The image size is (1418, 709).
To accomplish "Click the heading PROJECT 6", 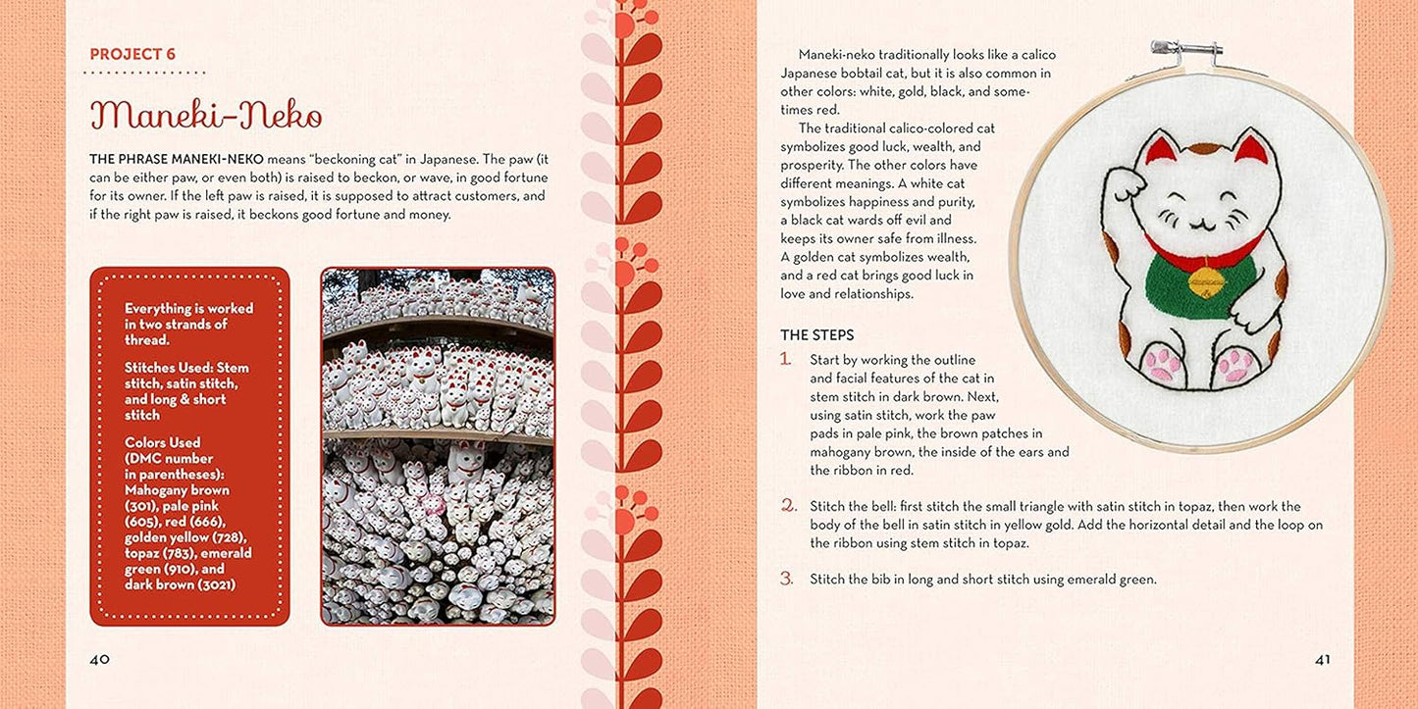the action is [132, 54].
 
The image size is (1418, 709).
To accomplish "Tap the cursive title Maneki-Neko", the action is [206, 115].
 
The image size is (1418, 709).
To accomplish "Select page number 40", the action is [99, 660].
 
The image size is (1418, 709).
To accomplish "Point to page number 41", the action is [1322, 660].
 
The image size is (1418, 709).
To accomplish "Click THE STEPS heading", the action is [816, 335].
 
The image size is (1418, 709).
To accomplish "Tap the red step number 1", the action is [786, 359].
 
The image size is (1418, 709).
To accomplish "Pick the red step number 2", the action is [787, 505].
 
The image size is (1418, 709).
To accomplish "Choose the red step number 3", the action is [787, 579].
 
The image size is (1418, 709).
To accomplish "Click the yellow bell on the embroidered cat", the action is [1205, 282].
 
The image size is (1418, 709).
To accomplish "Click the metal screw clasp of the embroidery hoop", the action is [1185, 49].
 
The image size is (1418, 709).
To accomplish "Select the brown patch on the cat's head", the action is [1204, 150].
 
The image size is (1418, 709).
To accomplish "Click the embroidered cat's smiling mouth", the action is [1200, 225].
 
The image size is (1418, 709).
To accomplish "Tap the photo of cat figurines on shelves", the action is [438, 446].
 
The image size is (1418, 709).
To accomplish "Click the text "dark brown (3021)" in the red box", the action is [180, 585].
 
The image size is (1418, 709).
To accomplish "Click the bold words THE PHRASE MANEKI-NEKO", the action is [177, 159].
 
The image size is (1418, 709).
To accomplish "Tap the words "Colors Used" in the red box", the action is [162, 442].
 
